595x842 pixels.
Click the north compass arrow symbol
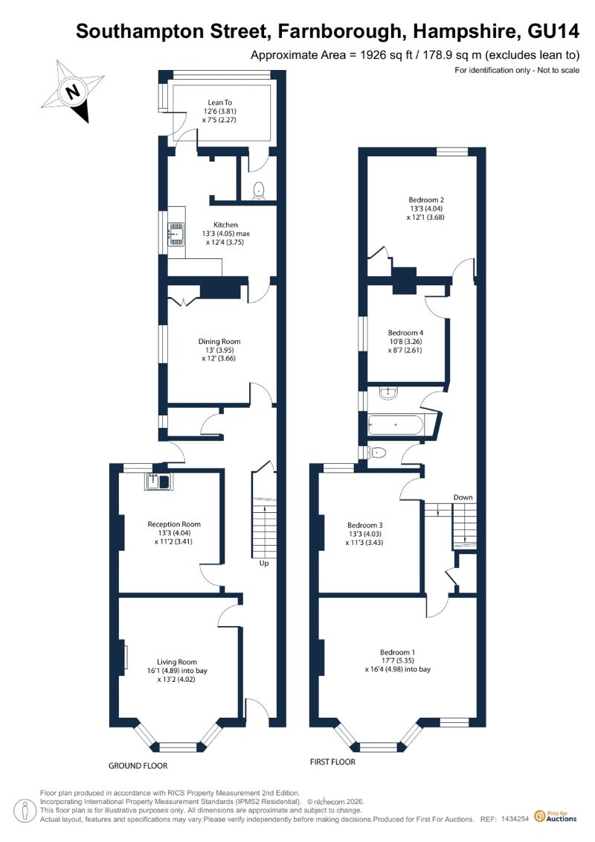pos(73,92)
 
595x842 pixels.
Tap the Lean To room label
pos(219,111)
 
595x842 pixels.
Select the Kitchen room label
pos(226,234)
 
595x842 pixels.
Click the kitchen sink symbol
pos(176,234)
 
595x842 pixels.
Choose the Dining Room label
pos(219,350)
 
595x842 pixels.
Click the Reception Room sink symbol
pos(157,482)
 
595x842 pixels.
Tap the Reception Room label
pos(174,533)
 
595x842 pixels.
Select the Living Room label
pos(177,670)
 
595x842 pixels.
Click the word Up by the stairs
pos(264,564)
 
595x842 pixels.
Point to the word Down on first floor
pos(463,497)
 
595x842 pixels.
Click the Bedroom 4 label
pos(405,342)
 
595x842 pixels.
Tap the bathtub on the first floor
pos(396,426)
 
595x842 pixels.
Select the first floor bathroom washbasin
pos(387,394)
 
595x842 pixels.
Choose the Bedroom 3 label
pos(365,534)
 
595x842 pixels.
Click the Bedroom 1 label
pos(398,661)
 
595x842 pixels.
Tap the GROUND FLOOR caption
pos(138,766)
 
